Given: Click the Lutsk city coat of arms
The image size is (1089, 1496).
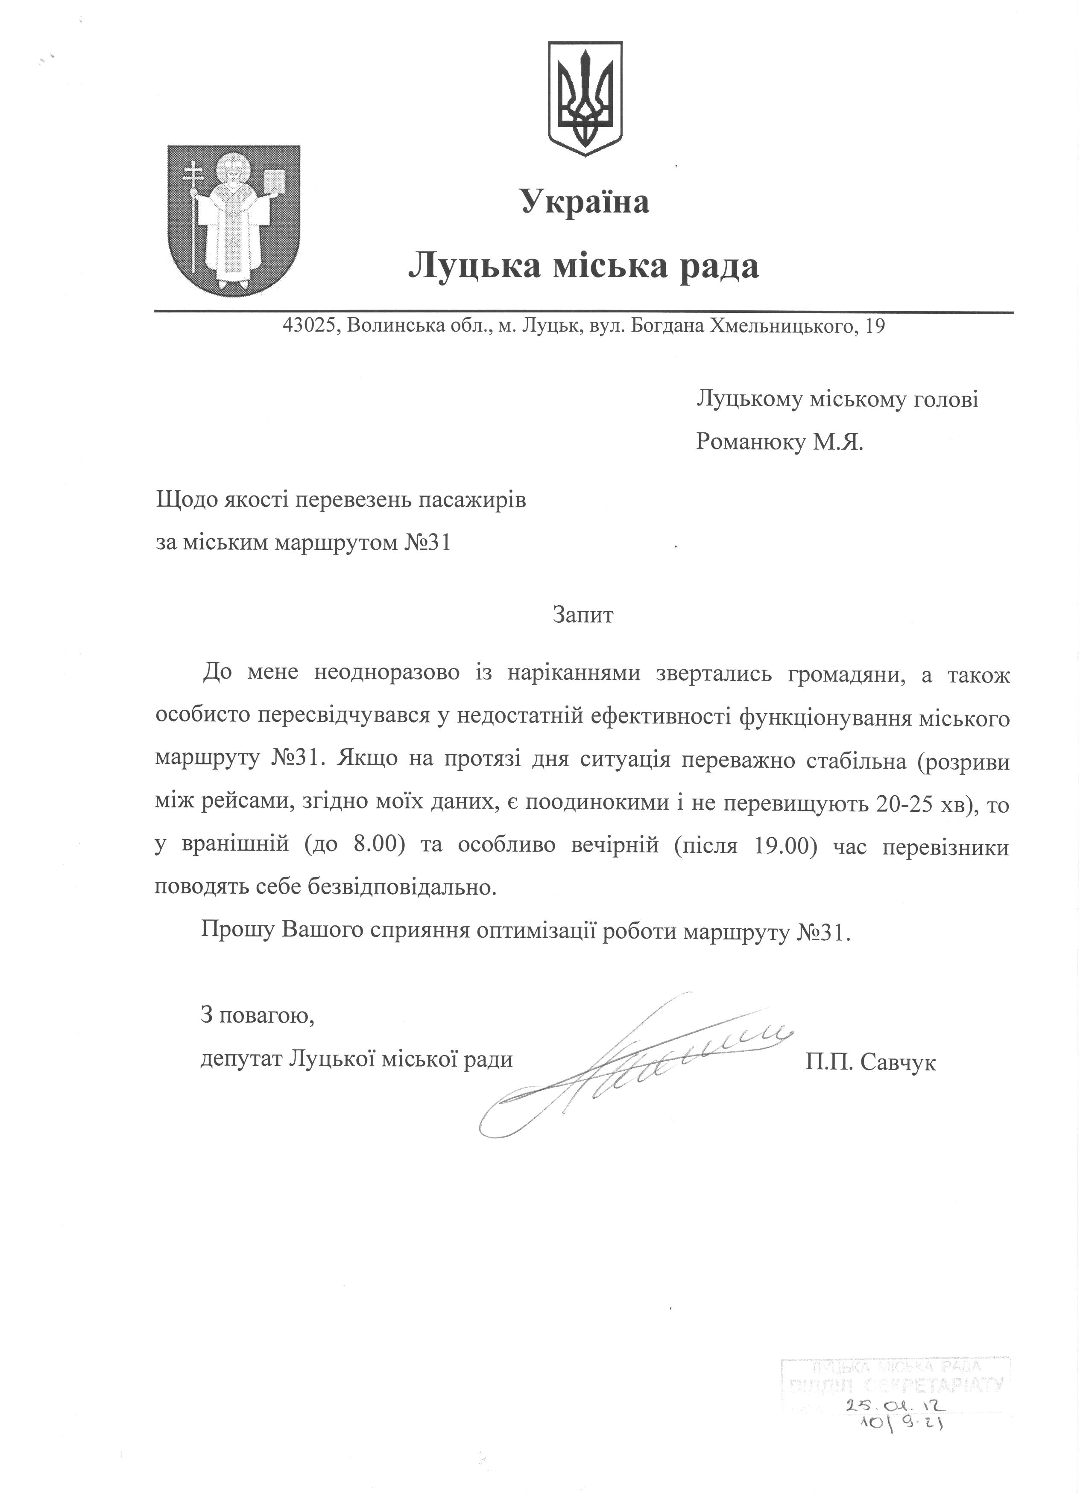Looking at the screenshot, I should point(233,219).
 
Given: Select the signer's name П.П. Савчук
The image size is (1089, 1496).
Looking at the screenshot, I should point(870,1062).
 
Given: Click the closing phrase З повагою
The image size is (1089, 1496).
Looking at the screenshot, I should point(258,1016).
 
